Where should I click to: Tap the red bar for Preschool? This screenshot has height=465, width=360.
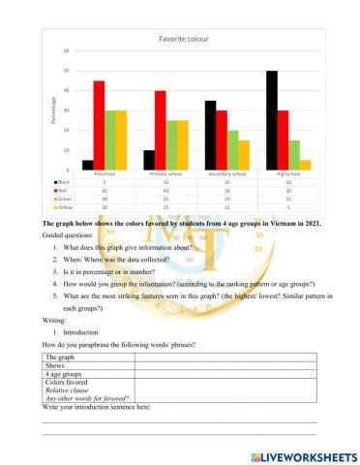99,125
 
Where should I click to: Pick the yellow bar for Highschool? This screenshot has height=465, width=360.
307,165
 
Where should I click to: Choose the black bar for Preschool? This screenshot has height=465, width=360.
87,165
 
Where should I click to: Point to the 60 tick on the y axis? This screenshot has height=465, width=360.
65,50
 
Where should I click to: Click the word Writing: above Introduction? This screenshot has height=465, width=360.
56,328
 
